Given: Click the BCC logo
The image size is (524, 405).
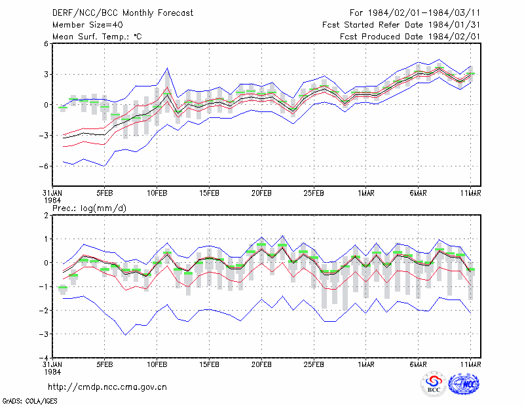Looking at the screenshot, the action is pyautogui.click(x=434, y=385).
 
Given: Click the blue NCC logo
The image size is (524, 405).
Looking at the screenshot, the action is pyautogui.click(x=464, y=384).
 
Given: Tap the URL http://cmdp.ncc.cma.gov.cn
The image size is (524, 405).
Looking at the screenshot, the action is pyautogui.click(x=107, y=387).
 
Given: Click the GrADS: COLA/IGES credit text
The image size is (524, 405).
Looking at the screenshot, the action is pyautogui.click(x=29, y=401).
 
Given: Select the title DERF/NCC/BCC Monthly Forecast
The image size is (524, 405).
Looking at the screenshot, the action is pyautogui.click(x=122, y=13).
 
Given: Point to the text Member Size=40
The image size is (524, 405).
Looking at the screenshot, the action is pyautogui.click(x=88, y=25).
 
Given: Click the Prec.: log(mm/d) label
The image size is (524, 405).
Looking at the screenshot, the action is pyautogui.click(x=89, y=208).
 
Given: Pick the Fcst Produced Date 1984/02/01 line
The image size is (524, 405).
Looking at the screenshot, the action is pyautogui.click(x=410, y=37).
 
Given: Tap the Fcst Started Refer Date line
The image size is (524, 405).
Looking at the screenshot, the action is pyautogui.click(x=401, y=25).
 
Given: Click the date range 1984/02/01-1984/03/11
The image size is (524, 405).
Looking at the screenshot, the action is pyautogui.click(x=424, y=13).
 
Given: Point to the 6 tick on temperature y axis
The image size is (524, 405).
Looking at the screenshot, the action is pyautogui.click(x=46, y=43).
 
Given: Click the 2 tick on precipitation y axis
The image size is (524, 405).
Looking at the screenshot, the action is pyautogui.click(x=46, y=215).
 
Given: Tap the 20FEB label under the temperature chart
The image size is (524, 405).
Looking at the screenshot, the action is pyautogui.click(x=261, y=193).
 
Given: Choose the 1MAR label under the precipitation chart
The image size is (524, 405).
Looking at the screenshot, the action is pyautogui.click(x=366, y=364).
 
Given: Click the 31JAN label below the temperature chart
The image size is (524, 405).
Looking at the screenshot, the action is pyautogui.click(x=52, y=193).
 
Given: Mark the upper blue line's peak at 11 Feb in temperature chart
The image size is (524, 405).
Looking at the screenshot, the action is pyautogui.click(x=168, y=68).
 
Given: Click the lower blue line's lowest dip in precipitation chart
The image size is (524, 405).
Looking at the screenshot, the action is pyautogui.click(x=125, y=335).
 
